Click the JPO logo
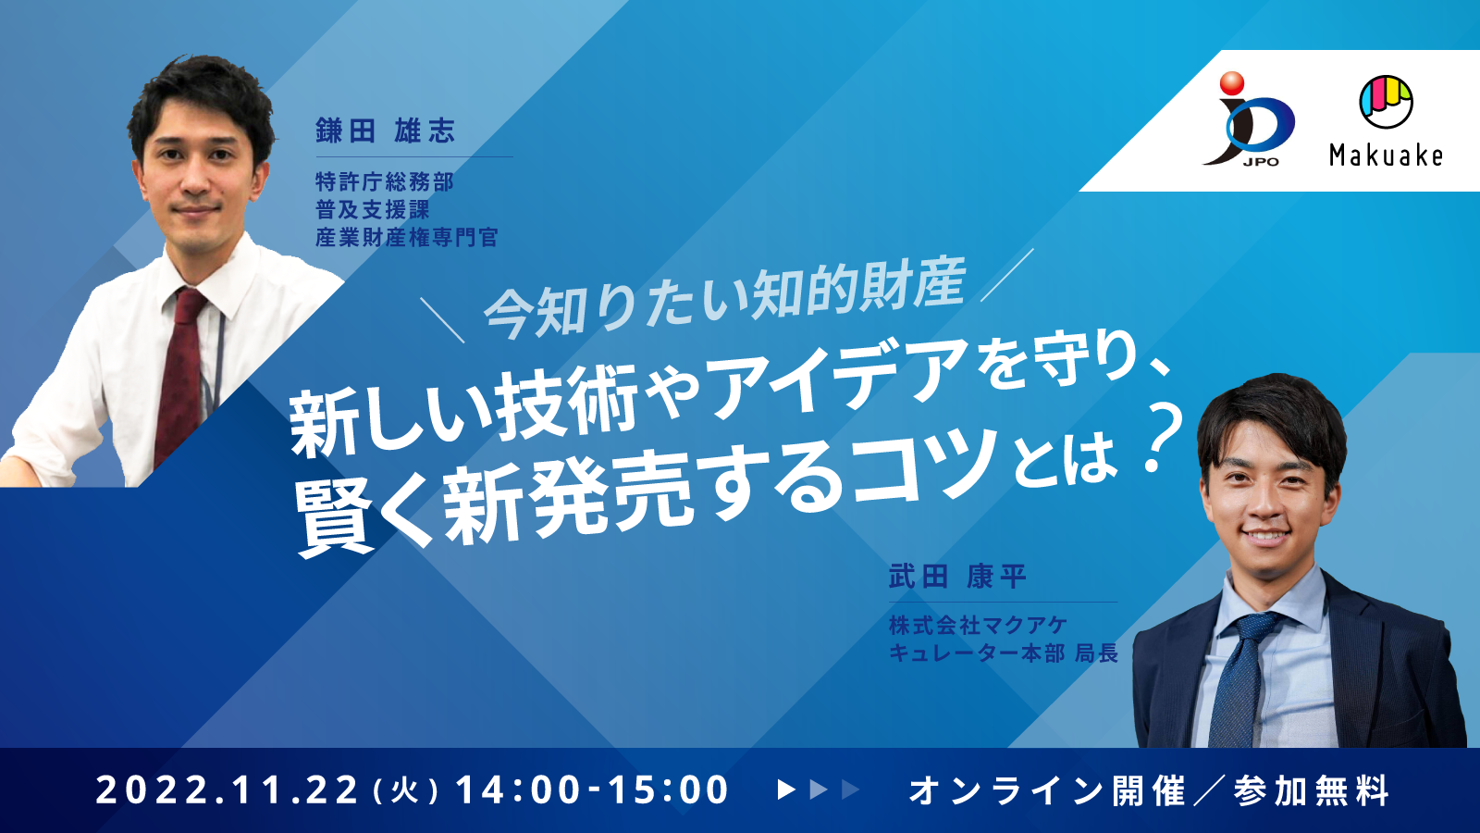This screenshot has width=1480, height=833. [1249, 120]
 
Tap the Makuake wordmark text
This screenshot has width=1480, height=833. [1386, 155]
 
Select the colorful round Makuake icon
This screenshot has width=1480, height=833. [1386, 101]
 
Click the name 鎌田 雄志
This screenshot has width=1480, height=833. [385, 131]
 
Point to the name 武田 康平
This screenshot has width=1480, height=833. [957, 577]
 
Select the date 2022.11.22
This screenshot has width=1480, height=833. [227, 790]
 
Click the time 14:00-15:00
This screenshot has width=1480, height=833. [592, 790]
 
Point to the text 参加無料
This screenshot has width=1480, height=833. [1312, 790]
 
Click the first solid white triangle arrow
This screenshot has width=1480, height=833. [786, 789]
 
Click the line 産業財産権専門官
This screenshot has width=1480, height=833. [406, 238]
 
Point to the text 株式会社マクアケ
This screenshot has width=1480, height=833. [978, 626]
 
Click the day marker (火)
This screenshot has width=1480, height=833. [406, 791]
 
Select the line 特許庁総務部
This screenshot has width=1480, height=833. [384, 181]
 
